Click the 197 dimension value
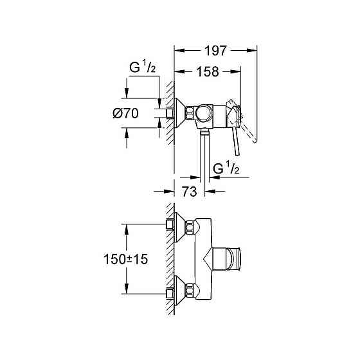[x=215, y=50]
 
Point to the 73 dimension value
[x=189, y=192]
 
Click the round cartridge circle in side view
[x=206, y=114]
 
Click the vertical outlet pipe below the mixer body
[x=204, y=154]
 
